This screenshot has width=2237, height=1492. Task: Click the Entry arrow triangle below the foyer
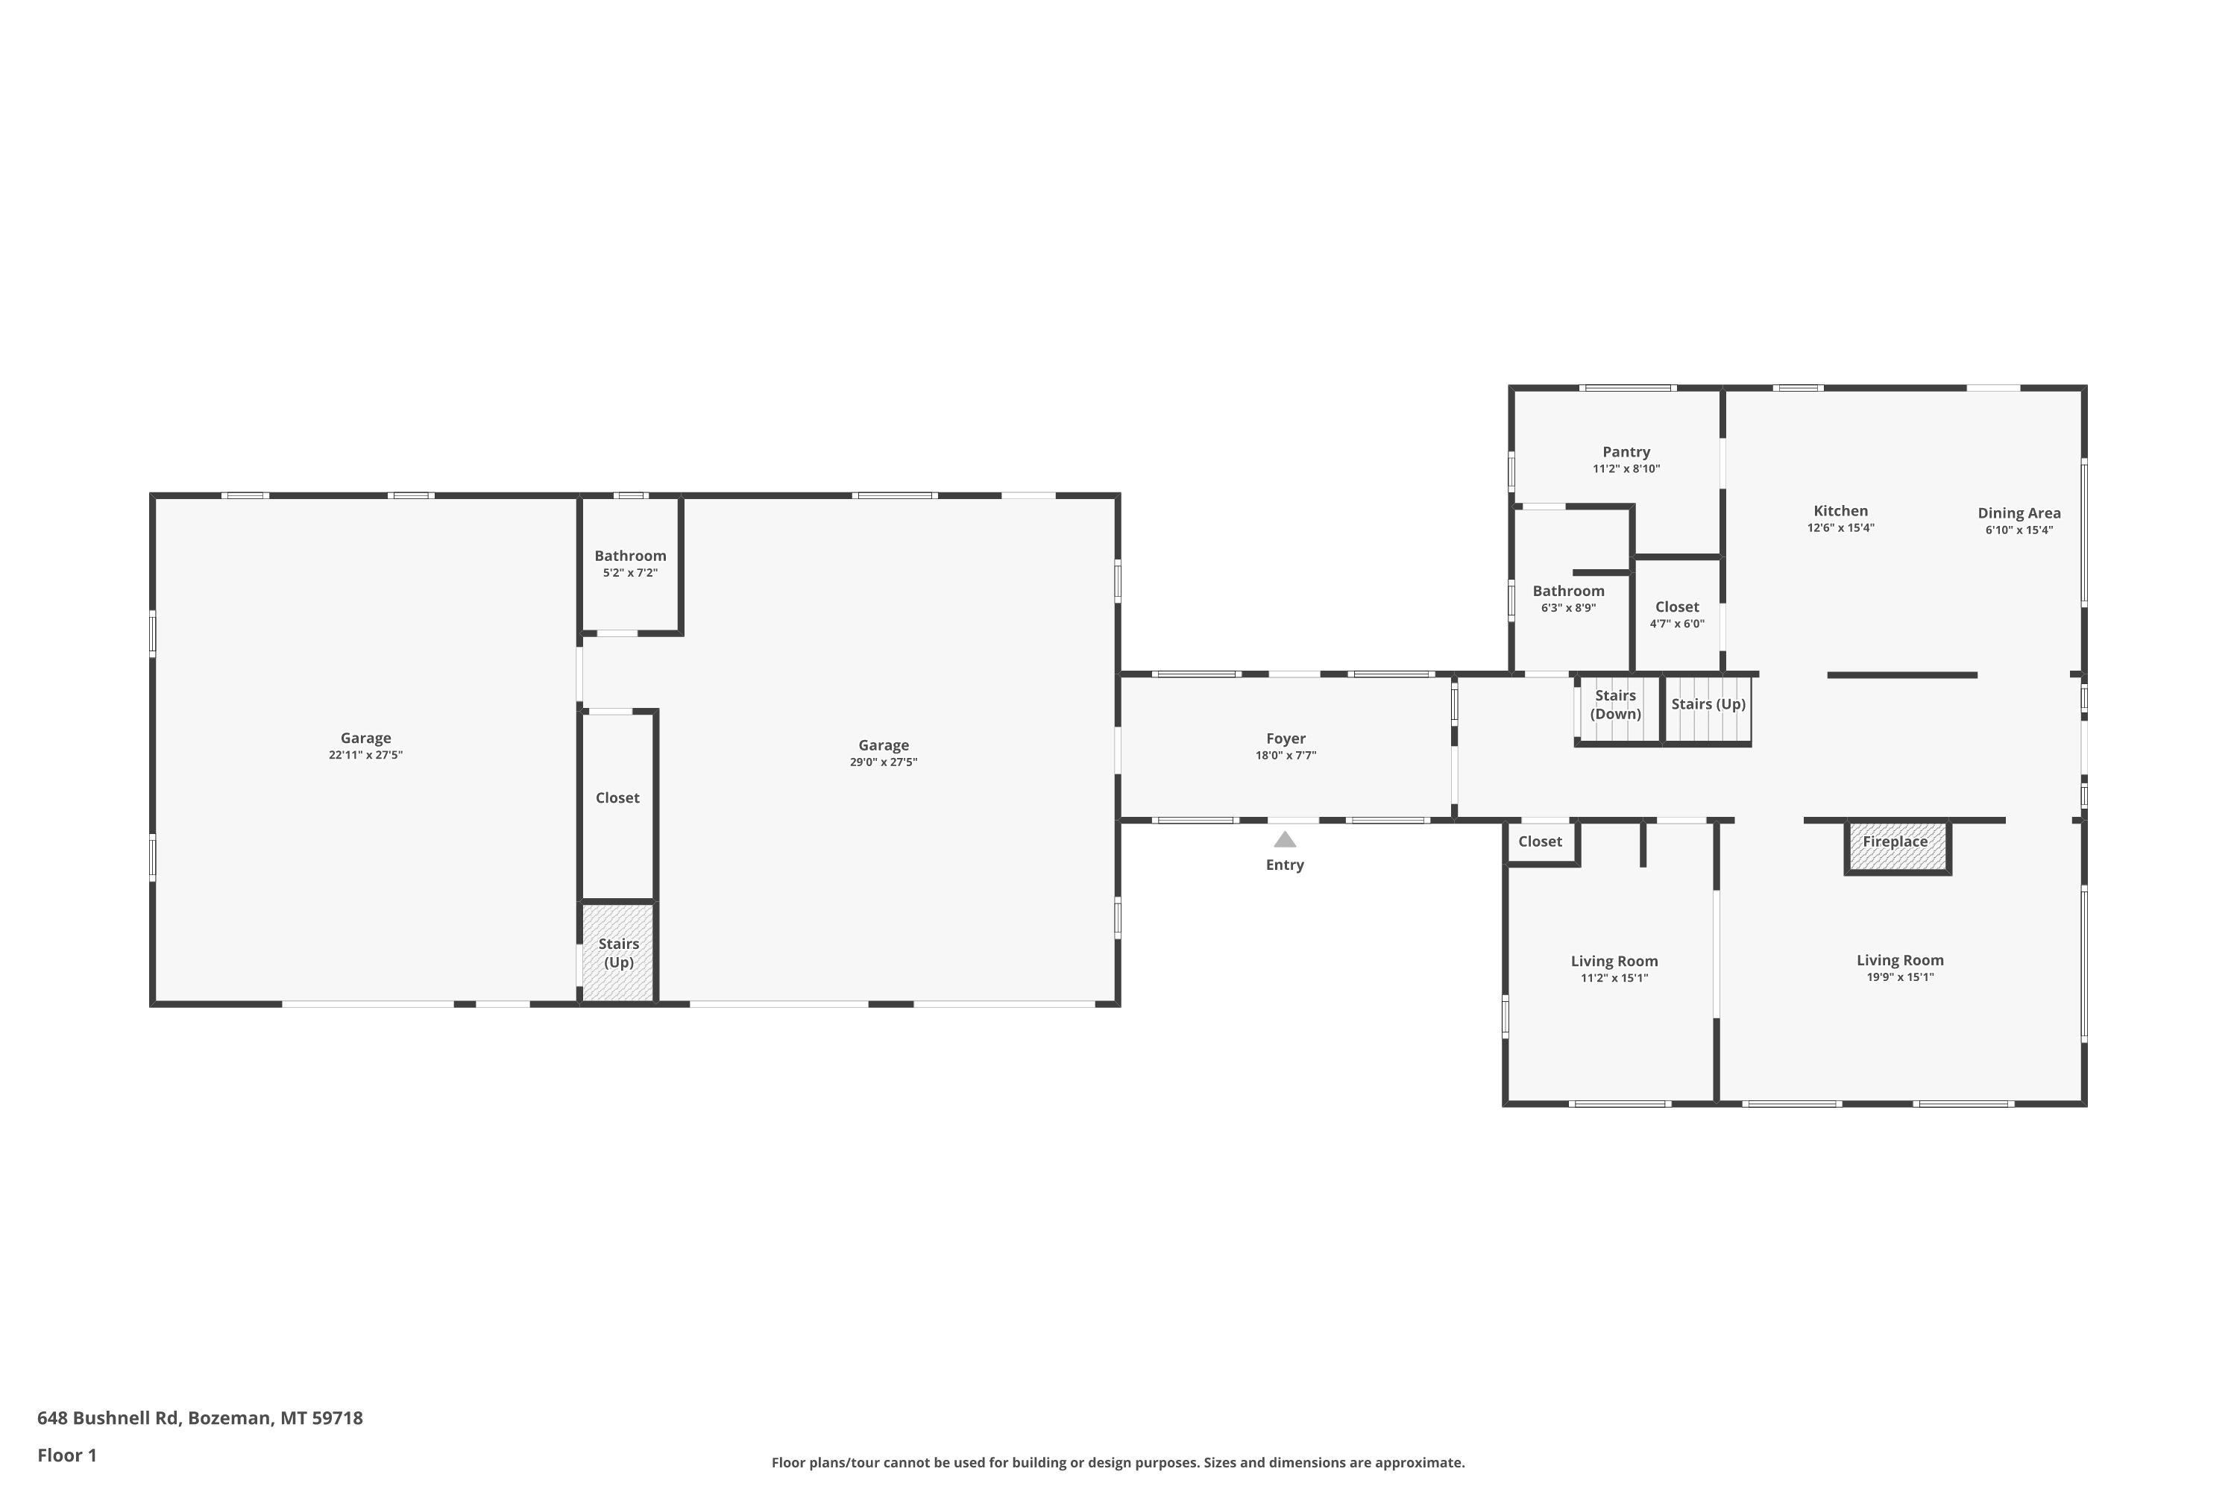click(x=1285, y=839)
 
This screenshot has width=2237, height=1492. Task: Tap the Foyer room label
click(x=1286, y=739)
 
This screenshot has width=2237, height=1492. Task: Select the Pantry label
click(x=1626, y=452)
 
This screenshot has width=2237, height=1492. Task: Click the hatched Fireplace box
click(x=1898, y=846)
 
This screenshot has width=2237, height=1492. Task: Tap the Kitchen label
click(x=1840, y=511)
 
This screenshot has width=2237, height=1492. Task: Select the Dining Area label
click(x=2019, y=513)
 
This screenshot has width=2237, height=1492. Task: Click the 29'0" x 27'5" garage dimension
click(x=884, y=762)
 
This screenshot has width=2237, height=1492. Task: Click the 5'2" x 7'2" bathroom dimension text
click(x=631, y=573)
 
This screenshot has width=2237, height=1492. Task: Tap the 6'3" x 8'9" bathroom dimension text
click(x=1568, y=608)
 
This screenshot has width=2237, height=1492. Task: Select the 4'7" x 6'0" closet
click(x=1678, y=615)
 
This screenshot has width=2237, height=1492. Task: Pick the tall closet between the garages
click(x=617, y=805)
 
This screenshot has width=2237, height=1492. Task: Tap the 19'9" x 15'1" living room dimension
click(x=1900, y=977)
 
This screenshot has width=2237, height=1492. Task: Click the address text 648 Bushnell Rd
click(x=108, y=1418)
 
